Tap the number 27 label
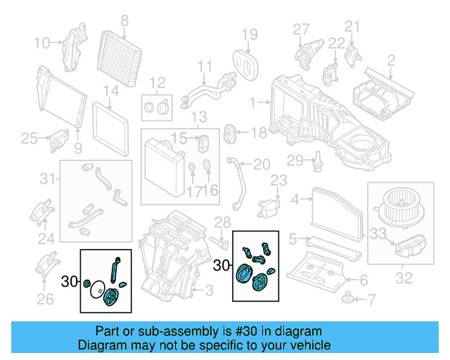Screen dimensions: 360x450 tap(301, 29)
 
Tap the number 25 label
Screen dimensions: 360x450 tap(28, 138)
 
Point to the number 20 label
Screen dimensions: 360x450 tap(262, 165)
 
